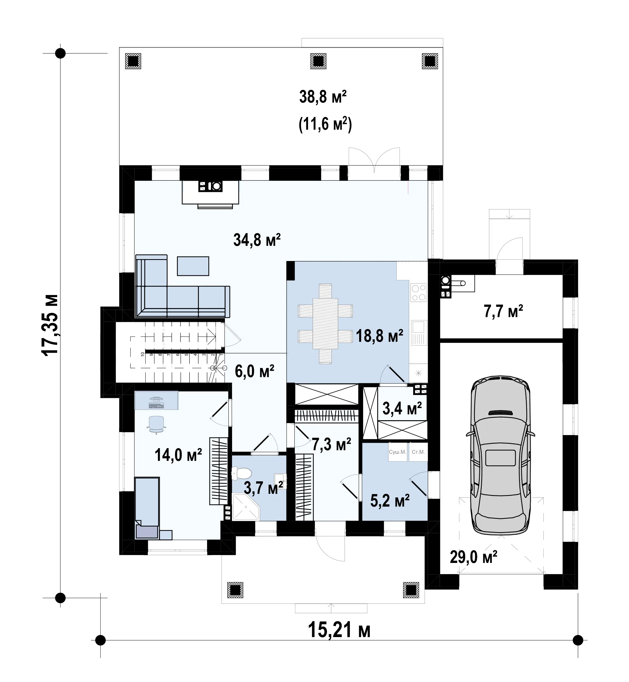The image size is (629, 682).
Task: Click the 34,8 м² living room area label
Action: (257, 240)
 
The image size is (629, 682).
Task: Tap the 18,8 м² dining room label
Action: (380, 336)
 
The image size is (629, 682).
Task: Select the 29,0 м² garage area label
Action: (473, 557)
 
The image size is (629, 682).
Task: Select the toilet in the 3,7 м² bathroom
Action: (241, 473)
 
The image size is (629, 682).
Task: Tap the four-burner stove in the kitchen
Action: (418, 293)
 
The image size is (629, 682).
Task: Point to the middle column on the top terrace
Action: (318, 61)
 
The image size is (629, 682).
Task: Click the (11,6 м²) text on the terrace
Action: (325, 124)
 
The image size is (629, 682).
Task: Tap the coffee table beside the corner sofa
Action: (193, 266)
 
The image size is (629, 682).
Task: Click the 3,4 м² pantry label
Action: (402, 408)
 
